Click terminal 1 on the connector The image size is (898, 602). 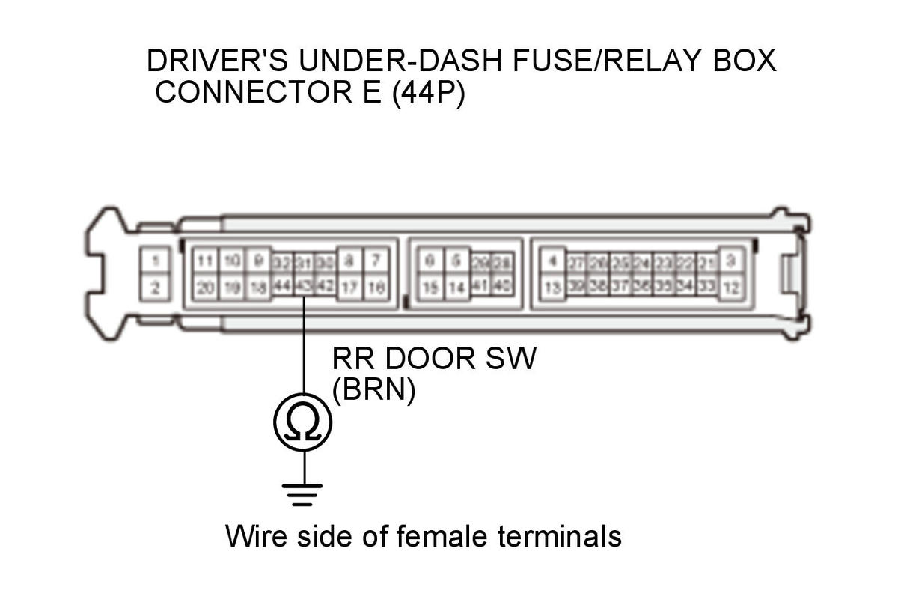155,261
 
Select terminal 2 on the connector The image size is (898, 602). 155,288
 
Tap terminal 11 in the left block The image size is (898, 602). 204,261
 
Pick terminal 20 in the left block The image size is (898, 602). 204,288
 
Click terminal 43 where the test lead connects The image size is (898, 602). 303,288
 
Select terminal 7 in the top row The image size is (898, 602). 376,261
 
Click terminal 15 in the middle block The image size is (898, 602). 429,288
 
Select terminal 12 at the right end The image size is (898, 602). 731,288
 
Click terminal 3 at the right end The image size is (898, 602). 731,261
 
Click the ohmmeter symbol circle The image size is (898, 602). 303,423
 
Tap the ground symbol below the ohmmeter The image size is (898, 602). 303,493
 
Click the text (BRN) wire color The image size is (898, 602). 373,392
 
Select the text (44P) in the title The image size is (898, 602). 428,94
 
